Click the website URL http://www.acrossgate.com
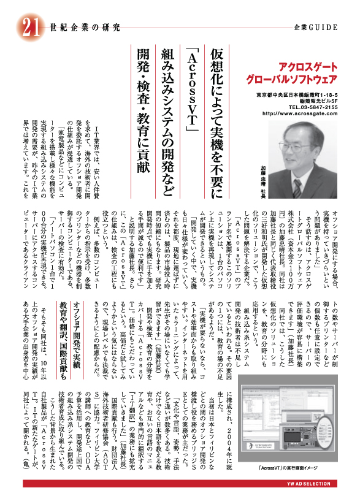point(299,113)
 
